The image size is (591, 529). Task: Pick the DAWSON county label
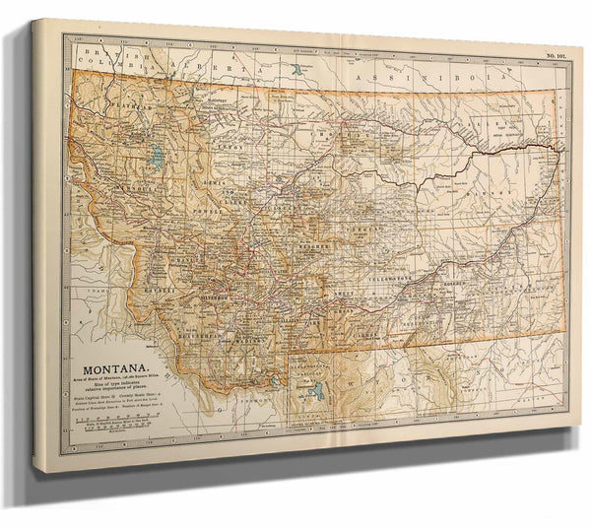[502, 197]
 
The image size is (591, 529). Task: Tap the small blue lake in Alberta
[297, 71]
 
